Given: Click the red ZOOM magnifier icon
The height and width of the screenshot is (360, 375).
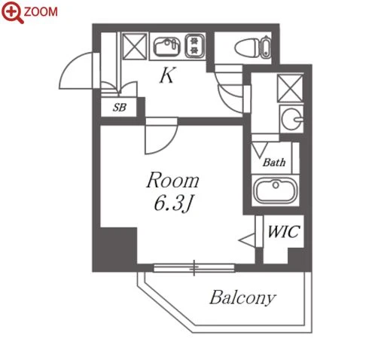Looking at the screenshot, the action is (x=12, y=12).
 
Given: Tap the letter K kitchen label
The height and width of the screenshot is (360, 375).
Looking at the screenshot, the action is (x=166, y=75).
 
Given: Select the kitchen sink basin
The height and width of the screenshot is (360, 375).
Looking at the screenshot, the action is (x=166, y=47).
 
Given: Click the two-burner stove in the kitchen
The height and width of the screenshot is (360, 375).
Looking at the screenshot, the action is (x=194, y=46).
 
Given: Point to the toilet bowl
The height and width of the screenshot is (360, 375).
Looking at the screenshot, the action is (x=247, y=47).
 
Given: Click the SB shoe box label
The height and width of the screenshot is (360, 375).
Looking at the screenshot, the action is (x=120, y=108).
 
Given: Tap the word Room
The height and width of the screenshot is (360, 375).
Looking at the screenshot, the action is (x=172, y=180).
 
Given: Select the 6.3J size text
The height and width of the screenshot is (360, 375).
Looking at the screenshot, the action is (x=173, y=204).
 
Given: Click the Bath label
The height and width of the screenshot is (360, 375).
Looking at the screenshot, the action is (x=274, y=163).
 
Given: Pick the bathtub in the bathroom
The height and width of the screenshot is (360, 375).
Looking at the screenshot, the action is (x=276, y=190).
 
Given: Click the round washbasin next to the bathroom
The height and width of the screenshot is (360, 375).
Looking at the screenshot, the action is (x=291, y=119).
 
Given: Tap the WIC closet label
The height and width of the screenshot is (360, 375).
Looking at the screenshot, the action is (x=283, y=231).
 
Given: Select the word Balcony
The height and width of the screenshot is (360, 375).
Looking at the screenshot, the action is (x=242, y=298).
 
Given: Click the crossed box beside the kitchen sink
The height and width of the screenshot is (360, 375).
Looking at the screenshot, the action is (x=135, y=47).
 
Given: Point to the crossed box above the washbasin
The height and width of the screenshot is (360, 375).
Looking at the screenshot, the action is (x=290, y=88).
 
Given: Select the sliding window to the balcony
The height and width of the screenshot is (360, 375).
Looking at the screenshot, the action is (x=194, y=268).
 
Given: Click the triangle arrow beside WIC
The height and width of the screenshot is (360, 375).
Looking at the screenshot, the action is (x=248, y=240).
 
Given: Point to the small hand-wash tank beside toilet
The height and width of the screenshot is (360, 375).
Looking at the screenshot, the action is (x=266, y=47).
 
